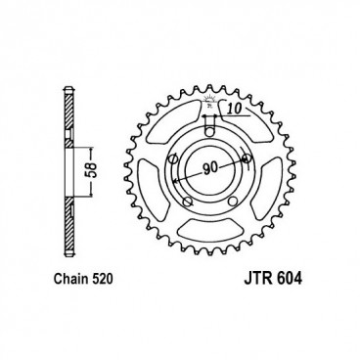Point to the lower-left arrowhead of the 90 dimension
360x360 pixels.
coord(174,182)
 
